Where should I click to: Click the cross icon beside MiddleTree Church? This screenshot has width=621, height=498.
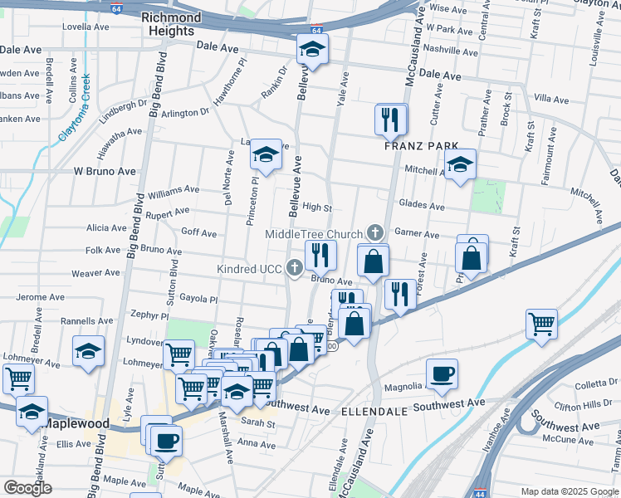coord(375,232)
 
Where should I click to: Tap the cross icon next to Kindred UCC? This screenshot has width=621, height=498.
coord(294,268)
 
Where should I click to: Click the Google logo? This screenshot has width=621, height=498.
coord(27,488)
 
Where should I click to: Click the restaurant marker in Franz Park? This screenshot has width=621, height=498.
coord(389,121)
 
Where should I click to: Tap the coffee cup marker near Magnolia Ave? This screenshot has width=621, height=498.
coord(443,375)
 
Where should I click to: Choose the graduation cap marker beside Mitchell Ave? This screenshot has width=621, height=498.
coord(459,165)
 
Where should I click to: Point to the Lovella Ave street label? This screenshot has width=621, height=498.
coord(86,27)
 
